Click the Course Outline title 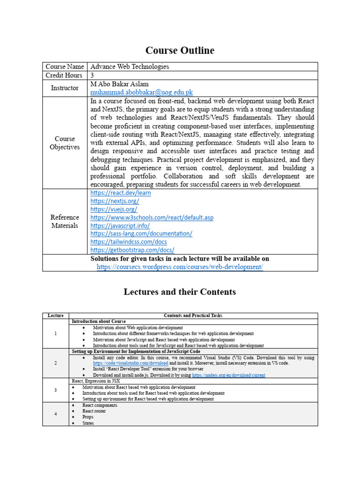click(x=180, y=50)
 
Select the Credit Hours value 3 click(x=92, y=75)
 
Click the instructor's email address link click(x=142, y=92)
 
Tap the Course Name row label click(x=65, y=67)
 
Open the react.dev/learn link click(x=120, y=193)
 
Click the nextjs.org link click(x=114, y=201)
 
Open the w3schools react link click(x=152, y=217)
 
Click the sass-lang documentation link click(x=141, y=233)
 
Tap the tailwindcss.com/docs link click(x=128, y=242)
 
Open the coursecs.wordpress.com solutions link click(x=180, y=267)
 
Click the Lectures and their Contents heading click(x=180, y=292)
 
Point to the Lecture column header click(x=55, y=316)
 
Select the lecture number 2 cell click(x=55, y=363)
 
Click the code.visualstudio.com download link click(x=130, y=363)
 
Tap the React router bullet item click(x=94, y=411)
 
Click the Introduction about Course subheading click(x=98, y=322)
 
